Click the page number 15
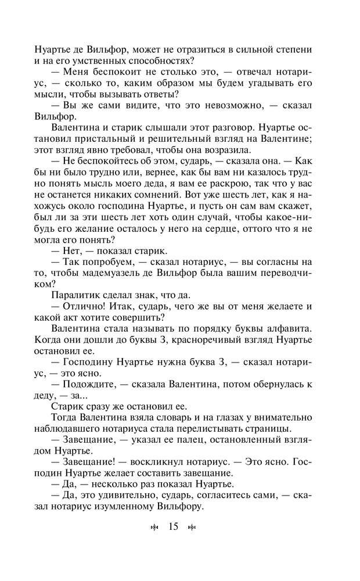(x=172, y=527)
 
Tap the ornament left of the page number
(x=154, y=528)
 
